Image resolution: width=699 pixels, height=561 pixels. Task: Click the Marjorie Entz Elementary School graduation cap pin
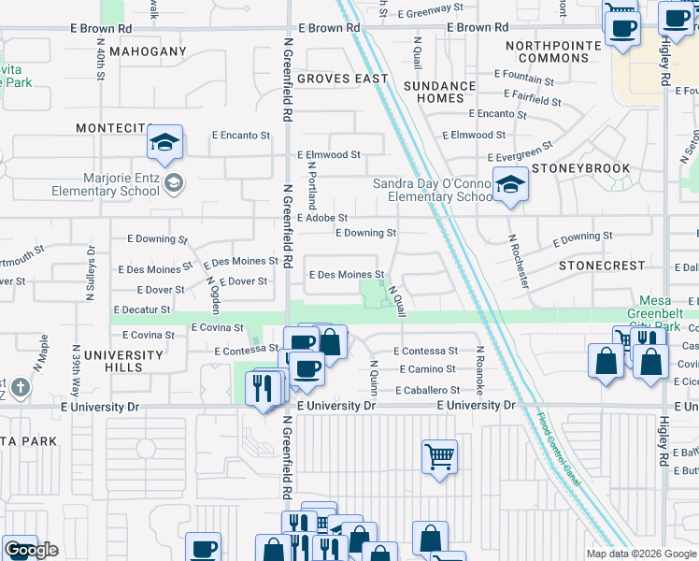(x=164, y=144)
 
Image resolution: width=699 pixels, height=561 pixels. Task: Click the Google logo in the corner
(x=31, y=550)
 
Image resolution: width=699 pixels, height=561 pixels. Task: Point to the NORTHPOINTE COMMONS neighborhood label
(x=546, y=51)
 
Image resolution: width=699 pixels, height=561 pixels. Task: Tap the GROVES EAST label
(x=342, y=79)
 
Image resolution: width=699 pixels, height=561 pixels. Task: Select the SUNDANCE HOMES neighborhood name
(x=434, y=92)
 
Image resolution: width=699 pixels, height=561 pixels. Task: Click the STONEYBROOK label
(x=582, y=169)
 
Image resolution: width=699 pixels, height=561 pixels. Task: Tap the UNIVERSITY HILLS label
(x=123, y=362)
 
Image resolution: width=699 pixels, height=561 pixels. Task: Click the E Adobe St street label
(x=322, y=218)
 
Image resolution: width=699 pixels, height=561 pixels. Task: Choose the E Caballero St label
(x=427, y=390)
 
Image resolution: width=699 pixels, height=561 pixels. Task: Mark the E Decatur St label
(x=141, y=309)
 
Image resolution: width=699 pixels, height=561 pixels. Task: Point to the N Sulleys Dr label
(x=91, y=272)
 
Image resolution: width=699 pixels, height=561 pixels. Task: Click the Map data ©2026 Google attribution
(x=640, y=554)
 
